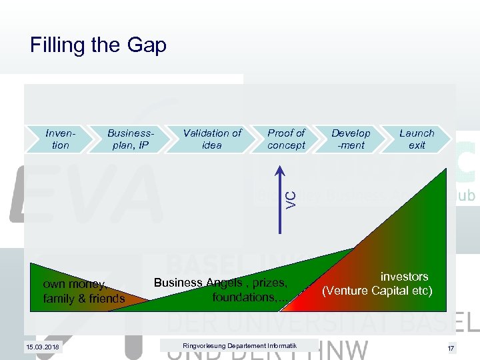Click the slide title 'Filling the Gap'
pos(98,45)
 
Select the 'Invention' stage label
pos(60,139)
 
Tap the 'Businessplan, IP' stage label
pos(131,139)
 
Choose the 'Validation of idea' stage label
pos(212,139)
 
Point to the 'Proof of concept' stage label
pos(286,139)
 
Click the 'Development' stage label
pos(351,139)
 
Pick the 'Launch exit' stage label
pos(417,139)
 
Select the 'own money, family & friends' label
pos(83,291)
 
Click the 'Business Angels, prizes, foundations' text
pos(221,289)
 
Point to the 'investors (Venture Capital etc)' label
pos(377,284)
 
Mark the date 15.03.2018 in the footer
pos(43,347)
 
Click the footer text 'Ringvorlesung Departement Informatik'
pos(230,345)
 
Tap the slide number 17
pos(451,347)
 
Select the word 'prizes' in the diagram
pos(266,283)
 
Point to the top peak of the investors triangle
pos(444,170)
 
